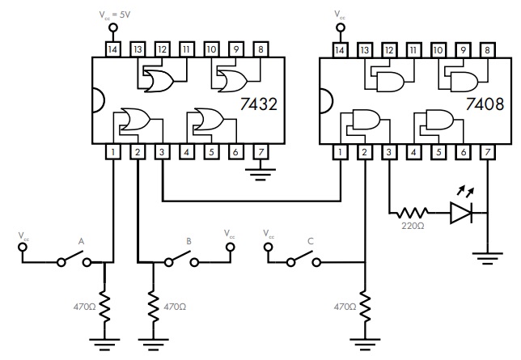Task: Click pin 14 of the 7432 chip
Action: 113,49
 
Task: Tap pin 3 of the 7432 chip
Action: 162,152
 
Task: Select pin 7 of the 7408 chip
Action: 488,152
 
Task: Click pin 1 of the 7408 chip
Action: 341,152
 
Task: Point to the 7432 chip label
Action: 258,104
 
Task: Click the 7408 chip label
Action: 485,104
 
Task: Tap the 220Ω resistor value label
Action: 413,226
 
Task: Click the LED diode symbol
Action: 461,213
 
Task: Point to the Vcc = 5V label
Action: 115,15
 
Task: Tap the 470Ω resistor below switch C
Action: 365,307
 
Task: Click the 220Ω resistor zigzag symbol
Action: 413,213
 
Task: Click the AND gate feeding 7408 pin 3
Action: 366,120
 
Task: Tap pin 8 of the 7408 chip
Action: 488,50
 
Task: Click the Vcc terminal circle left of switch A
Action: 23,248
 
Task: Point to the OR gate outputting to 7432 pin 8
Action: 232,81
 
